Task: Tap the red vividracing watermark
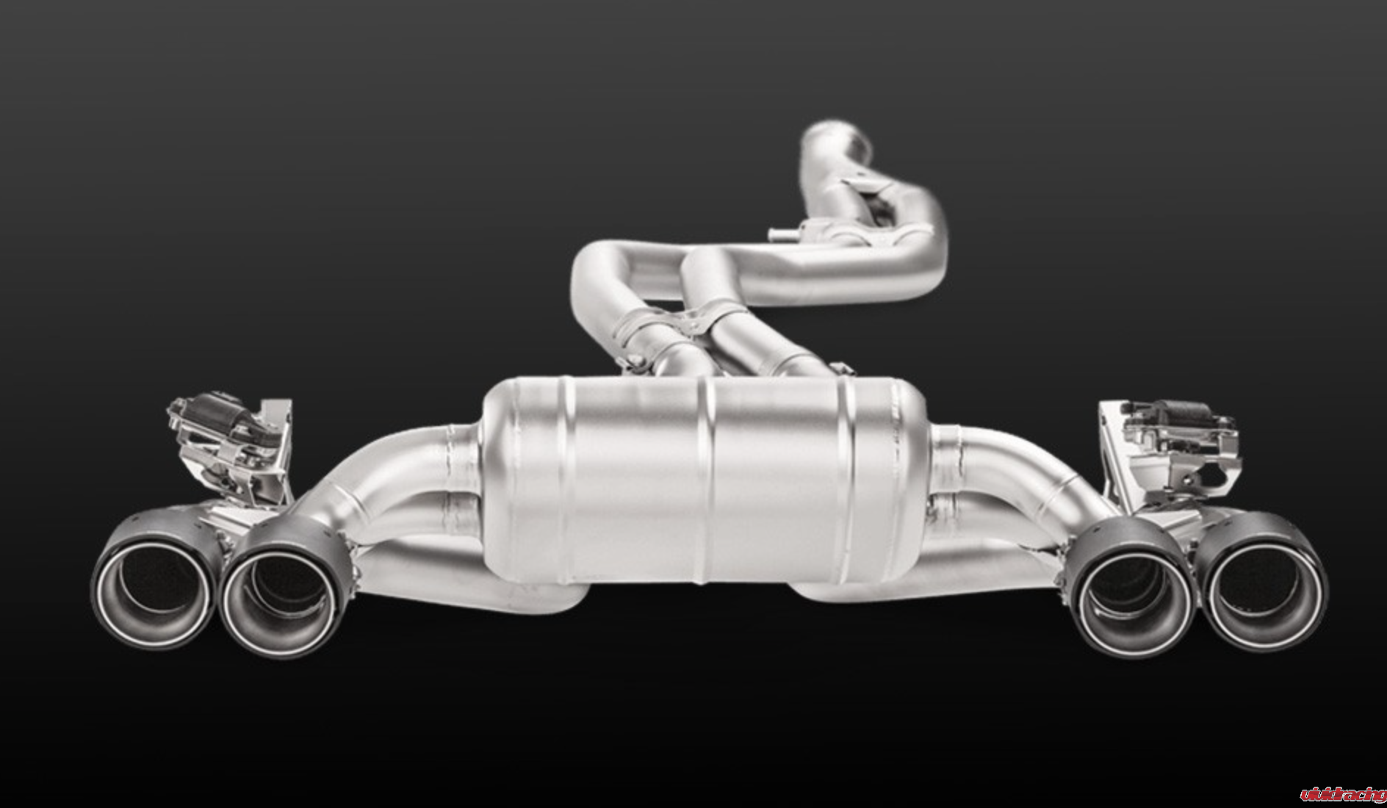click(1342, 794)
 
